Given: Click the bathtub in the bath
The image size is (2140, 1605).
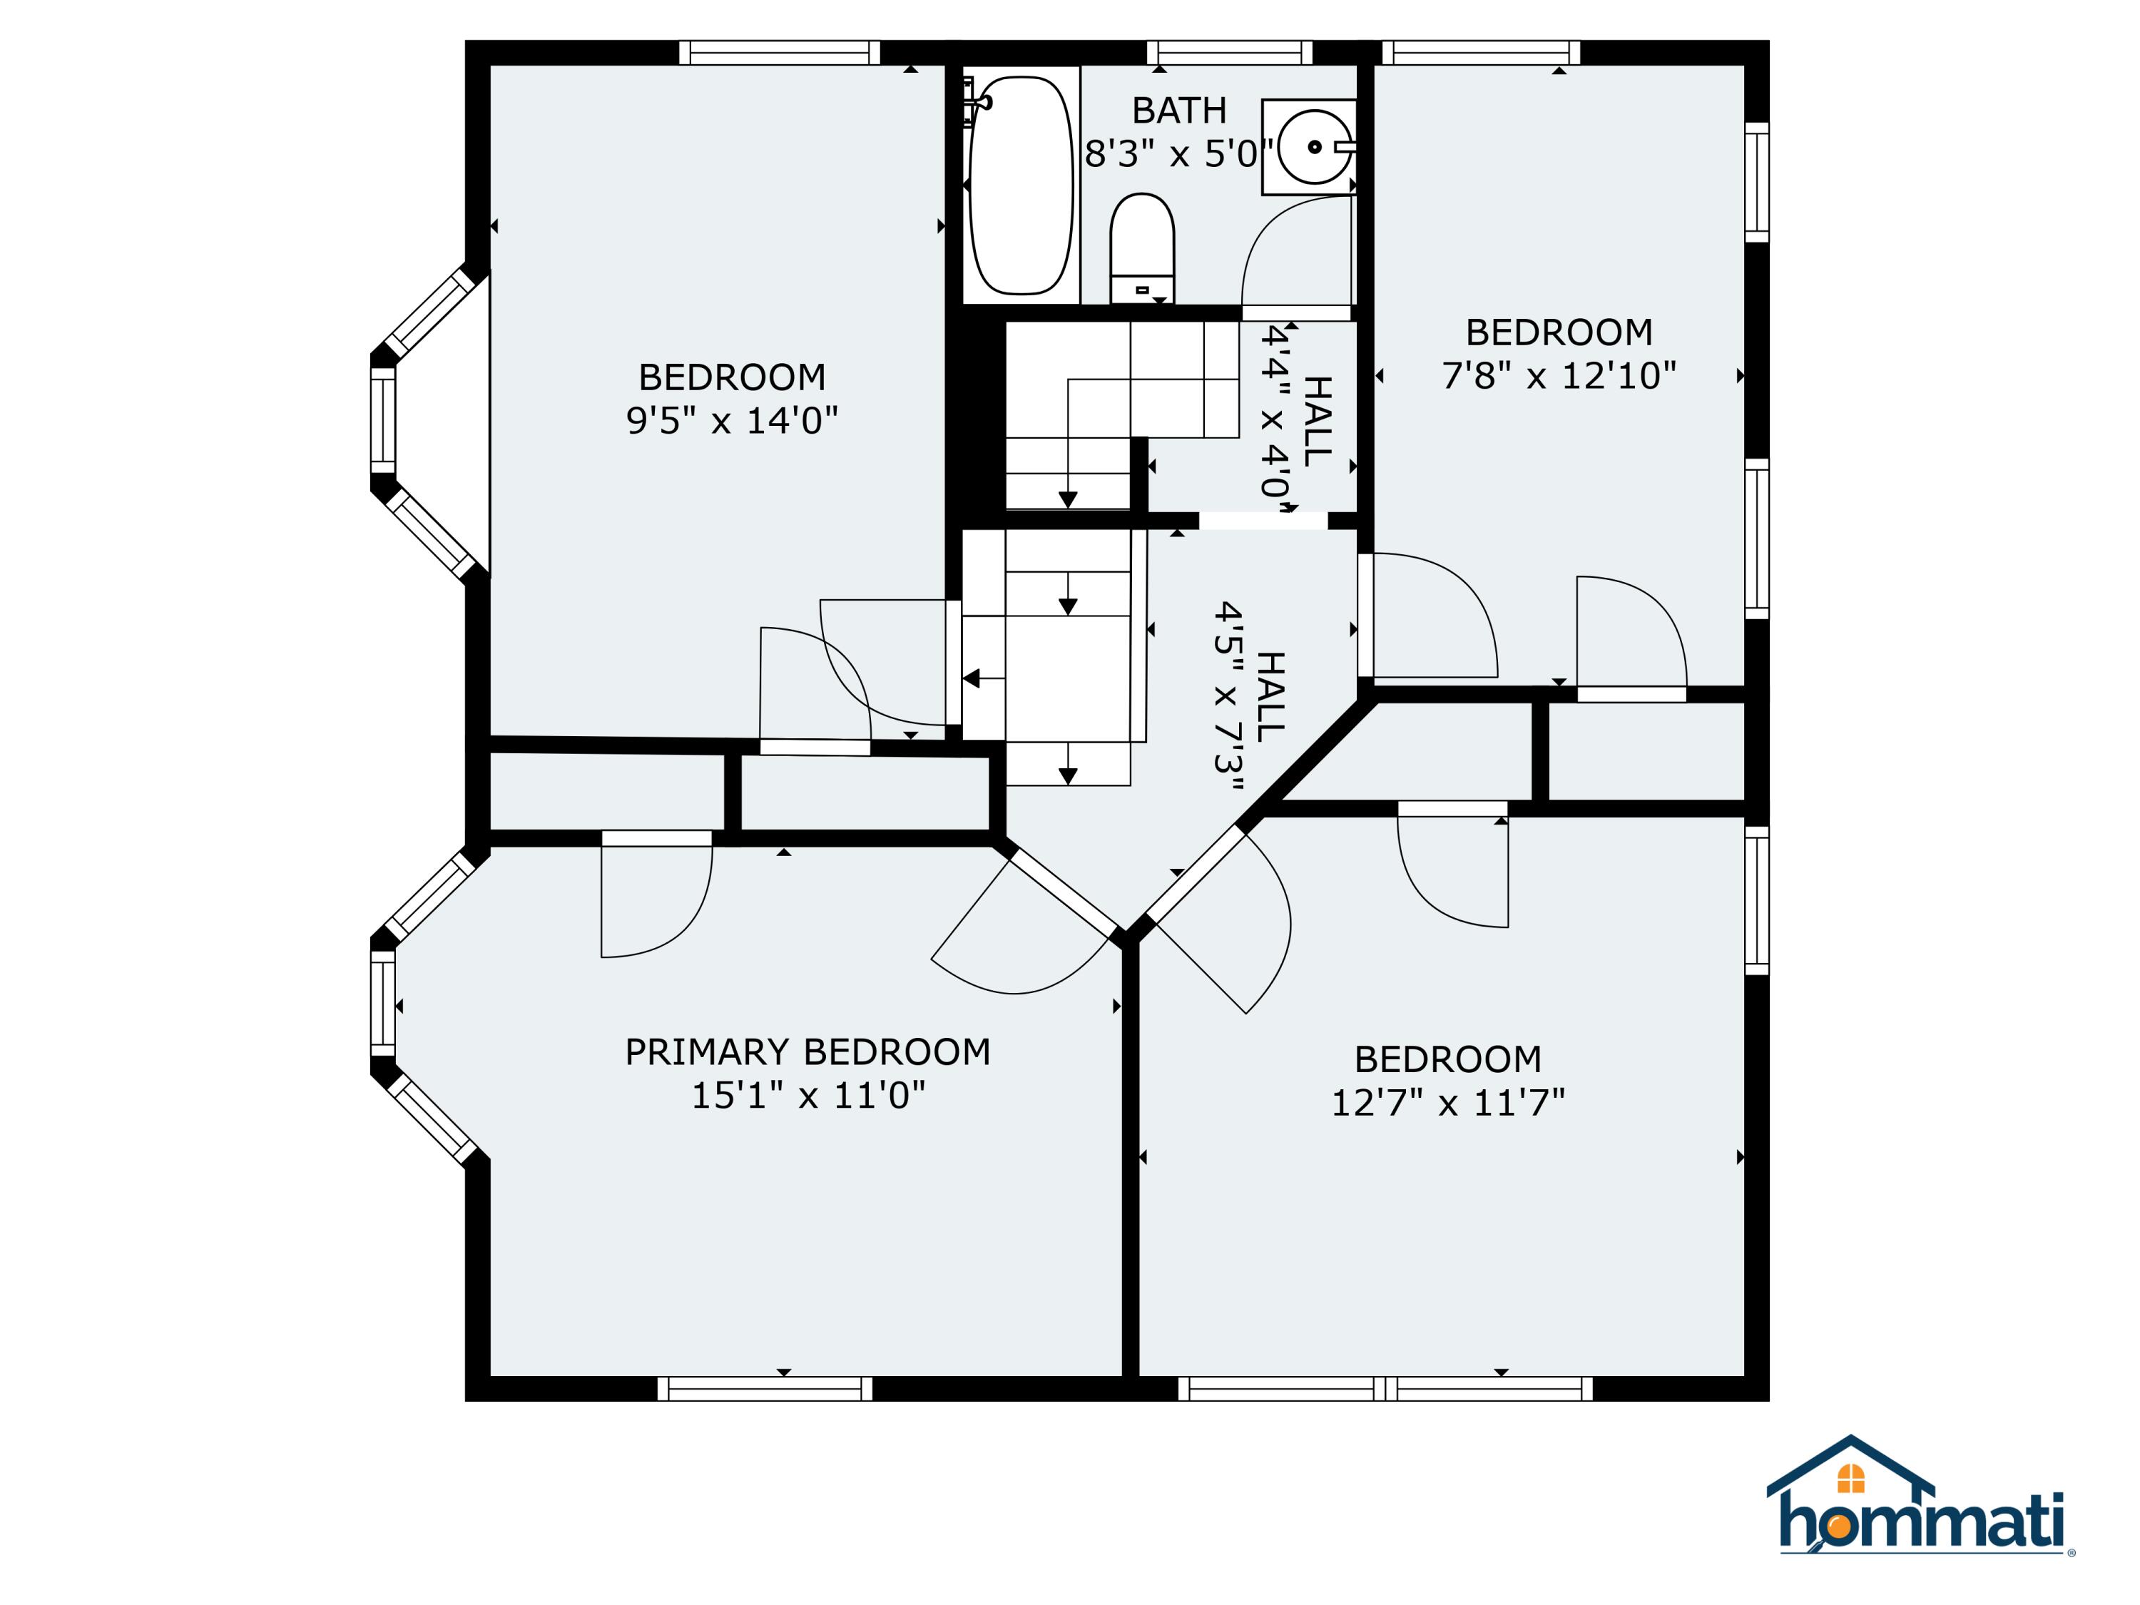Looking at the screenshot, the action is [x=1021, y=185].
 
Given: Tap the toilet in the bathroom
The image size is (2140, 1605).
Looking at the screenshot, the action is [x=1141, y=248].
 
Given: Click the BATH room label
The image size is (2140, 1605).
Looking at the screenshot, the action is [x=1179, y=111].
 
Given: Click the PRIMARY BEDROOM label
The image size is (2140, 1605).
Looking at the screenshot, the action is [x=807, y=1051].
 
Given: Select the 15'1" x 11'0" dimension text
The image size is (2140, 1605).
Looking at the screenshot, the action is [x=807, y=1095].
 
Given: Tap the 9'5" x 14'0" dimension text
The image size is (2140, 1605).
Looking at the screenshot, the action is [x=733, y=421].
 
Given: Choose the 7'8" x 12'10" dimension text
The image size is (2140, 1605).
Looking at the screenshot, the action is [x=1559, y=375].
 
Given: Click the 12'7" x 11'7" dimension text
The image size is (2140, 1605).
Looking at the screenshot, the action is [x=1448, y=1103].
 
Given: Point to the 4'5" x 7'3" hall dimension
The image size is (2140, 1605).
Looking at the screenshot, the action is [x=1228, y=696].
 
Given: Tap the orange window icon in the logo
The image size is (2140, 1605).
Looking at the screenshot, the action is [x=1850, y=1478].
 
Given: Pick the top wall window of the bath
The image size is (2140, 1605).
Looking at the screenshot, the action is [x=1230, y=52].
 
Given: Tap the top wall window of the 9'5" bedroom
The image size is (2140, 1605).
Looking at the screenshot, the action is [x=779, y=52].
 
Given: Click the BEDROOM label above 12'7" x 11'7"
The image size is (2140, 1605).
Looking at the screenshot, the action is [x=1448, y=1059].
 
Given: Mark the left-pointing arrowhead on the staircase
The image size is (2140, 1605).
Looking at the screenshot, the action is [x=972, y=679].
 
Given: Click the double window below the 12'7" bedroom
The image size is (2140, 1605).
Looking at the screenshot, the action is [x=1385, y=1390].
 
